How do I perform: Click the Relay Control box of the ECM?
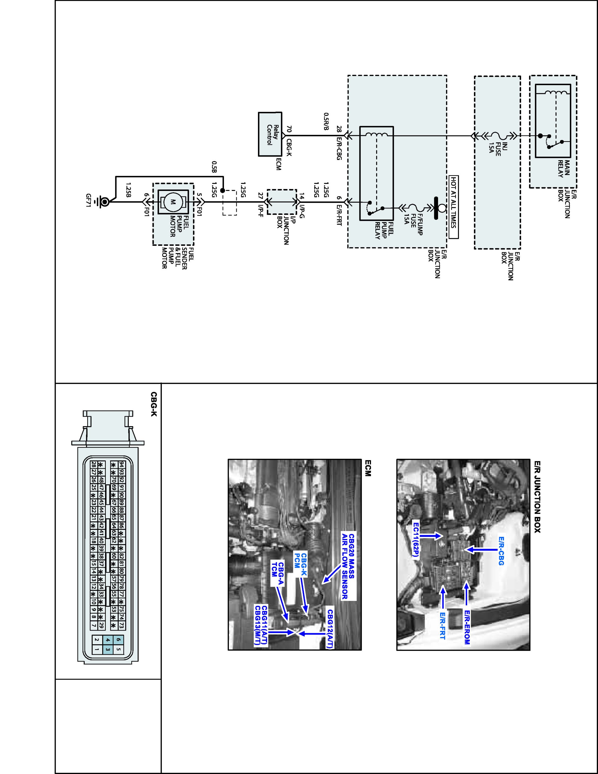click(270, 134)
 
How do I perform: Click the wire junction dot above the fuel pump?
click(222, 190)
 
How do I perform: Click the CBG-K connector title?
click(153, 404)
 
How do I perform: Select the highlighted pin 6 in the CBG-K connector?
click(118, 639)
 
